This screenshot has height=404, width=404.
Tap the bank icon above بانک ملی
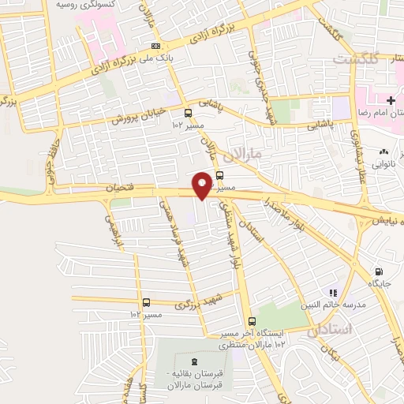155,46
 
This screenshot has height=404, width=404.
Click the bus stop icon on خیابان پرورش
188,113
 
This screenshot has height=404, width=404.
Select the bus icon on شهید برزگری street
146,302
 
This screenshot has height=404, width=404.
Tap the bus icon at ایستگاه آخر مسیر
252,321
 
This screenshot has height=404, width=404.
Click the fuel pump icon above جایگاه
380,270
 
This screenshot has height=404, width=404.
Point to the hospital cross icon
391,99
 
